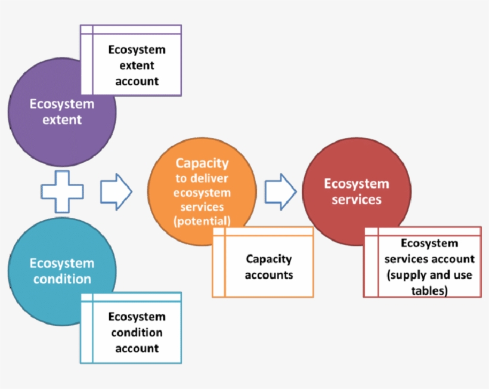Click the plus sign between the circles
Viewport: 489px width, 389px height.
[x=61, y=192]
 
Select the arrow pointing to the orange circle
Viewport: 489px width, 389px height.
[x=116, y=192]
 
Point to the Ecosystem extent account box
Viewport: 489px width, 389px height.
[x=137, y=65]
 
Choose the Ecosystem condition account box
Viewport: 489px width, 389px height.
[x=137, y=332]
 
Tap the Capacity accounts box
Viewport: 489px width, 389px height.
[x=269, y=267]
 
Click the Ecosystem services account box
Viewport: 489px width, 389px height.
[x=429, y=267]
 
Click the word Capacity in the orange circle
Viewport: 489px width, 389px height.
[x=202, y=163]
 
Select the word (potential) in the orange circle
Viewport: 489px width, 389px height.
[x=202, y=221]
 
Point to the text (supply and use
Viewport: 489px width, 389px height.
[x=429, y=275]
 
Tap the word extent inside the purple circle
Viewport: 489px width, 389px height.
[x=62, y=120]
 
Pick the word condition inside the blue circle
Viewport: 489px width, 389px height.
[x=62, y=279]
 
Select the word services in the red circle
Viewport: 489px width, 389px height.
[x=356, y=199]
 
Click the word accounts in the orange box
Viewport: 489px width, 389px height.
[x=269, y=275]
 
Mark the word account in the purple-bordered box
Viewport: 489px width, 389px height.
[x=137, y=81]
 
